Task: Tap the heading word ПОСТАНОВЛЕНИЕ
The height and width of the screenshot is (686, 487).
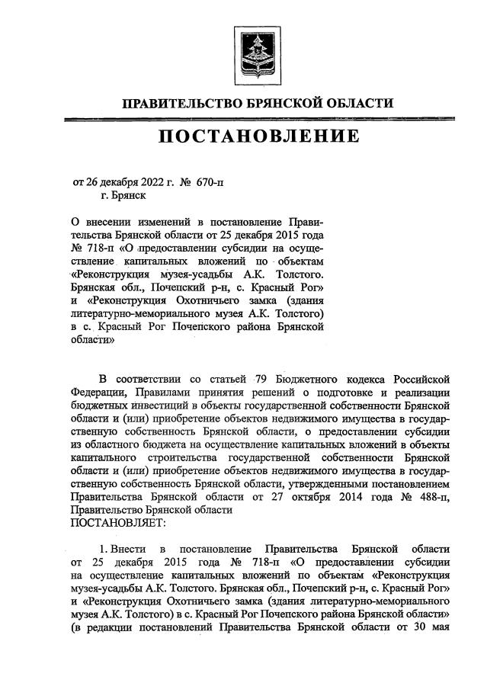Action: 258,136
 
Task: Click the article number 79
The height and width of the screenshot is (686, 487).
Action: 263,378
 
